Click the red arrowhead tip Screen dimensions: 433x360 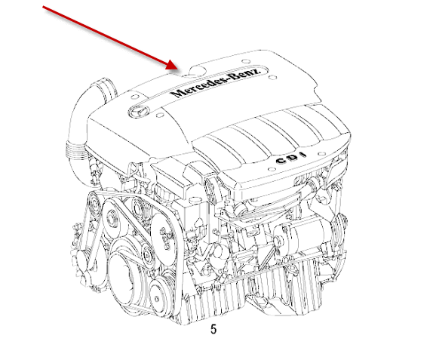pyautogui.click(x=178, y=69)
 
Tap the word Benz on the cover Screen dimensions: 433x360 pyautogui.click(x=244, y=74)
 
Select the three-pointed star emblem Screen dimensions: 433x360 pyautogui.click(x=139, y=112)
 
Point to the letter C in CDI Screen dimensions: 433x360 pyautogui.click(x=281, y=161)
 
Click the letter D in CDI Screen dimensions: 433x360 pyautogui.click(x=293, y=158)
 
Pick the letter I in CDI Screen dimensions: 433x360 pyautogui.click(x=303, y=155)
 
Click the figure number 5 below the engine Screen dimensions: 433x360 pyautogui.click(x=213, y=329)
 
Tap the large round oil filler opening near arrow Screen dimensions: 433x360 pyautogui.click(x=198, y=70)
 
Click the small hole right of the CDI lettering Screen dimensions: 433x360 pyautogui.click(x=321, y=154)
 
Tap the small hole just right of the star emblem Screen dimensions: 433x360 pyautogui.click(x=160, y=115)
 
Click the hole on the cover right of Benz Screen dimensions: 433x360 pyautogui.click(x=272, y=77)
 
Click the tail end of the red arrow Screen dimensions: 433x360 pyautogui.click(x=43, y=6)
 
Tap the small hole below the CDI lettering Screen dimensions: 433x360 pyautogui.click(x=272, y=169)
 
